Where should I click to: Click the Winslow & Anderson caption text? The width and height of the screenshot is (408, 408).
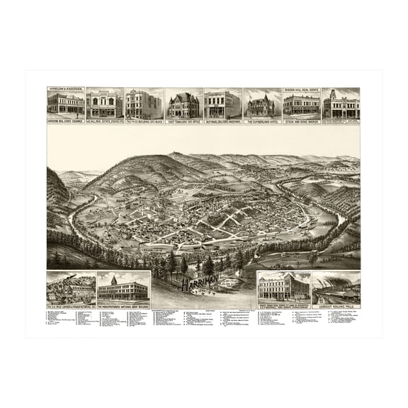(65, 90)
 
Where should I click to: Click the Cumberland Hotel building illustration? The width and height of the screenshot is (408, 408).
(262, 106)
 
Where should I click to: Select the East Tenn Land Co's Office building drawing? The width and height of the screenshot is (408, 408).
(183, 105)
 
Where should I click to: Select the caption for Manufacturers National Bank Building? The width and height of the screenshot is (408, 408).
(123, 305)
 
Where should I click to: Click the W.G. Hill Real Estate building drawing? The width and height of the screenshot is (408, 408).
(105, 106)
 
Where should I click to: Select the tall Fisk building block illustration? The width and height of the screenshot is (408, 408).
(144, 105)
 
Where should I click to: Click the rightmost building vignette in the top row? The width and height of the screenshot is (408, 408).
(341, 104)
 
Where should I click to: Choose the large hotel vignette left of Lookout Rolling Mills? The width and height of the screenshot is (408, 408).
(283, 288)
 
